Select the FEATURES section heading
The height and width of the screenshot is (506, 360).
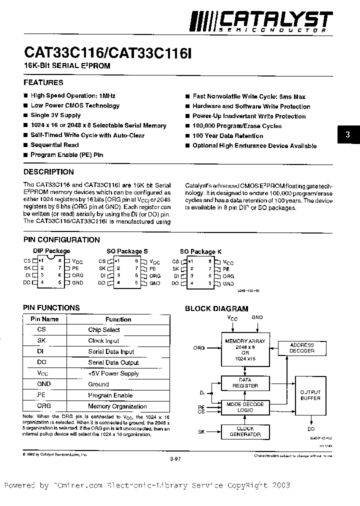tap(43, 82)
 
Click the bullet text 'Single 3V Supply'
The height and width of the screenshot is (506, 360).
tap(55, 115)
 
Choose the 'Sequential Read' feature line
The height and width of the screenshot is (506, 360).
tap(54, 145)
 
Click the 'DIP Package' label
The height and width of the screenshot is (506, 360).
tap(51, 251)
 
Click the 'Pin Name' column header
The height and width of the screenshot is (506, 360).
tap(44, 319)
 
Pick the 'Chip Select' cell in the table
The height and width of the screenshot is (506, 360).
tap(104, 330)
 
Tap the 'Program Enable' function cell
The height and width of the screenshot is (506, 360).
tap(110, 395)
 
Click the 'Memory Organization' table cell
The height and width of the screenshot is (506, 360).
tap(117, 406)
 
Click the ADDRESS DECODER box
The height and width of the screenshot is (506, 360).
tap(302, 348)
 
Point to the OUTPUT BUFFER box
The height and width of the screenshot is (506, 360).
tap(310, 395)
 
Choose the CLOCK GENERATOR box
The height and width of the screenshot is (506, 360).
tap(245, 431)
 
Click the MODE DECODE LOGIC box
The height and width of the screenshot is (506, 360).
tap(245, 407)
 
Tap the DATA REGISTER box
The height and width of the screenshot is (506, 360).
tap(245, 383)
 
